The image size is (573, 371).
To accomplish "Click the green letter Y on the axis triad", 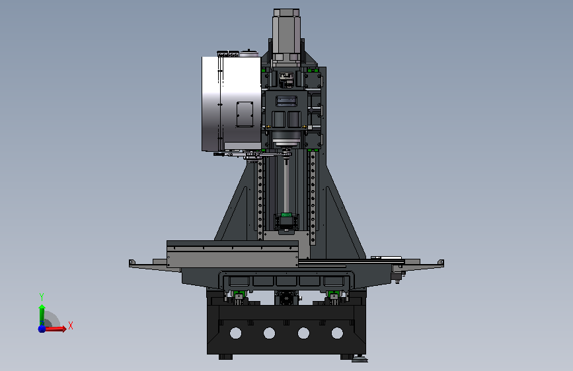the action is (42, 297).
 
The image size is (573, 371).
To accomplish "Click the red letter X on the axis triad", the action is (71, 325).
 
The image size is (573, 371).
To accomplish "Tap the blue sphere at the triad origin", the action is (42, 329).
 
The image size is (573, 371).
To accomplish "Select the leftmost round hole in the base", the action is (236, 333).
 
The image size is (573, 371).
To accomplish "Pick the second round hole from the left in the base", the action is (270, 333).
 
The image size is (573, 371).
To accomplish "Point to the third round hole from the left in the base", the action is (303, 333).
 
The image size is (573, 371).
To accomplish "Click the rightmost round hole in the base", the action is (337, 333).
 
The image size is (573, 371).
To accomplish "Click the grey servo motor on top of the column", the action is (287, 35).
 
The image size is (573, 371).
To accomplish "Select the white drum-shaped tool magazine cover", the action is (231, 104).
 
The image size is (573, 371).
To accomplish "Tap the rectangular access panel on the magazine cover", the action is (245, 114).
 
